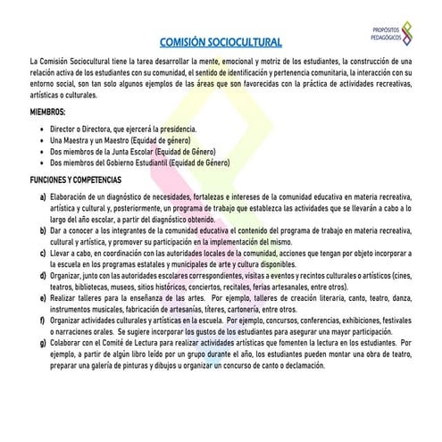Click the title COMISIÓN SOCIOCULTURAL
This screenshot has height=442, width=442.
point(220,41)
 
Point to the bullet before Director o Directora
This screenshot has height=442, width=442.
point(42,129)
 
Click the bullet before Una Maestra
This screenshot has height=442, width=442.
point(42,141)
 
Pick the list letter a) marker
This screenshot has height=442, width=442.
point(33,195)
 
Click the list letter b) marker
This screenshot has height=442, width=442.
point(33,230)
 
